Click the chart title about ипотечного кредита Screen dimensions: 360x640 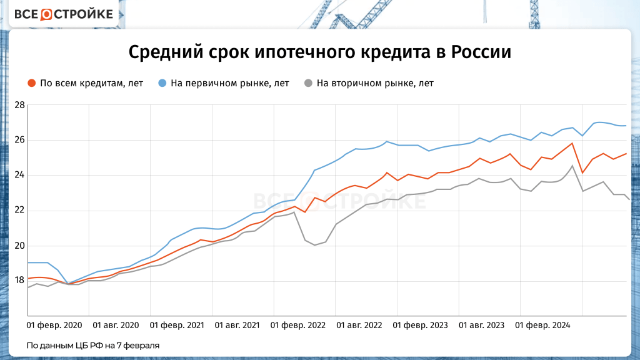click(319, 52)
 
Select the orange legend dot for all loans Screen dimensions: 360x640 click(31, 83)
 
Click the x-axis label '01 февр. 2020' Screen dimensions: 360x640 click(54, 326)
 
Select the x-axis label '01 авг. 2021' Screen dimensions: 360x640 click(237, 326)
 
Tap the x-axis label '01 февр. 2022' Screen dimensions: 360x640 click(299, 326)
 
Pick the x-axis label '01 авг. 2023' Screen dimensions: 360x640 click(482, 326)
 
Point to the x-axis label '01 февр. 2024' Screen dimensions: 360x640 click(542, 326)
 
